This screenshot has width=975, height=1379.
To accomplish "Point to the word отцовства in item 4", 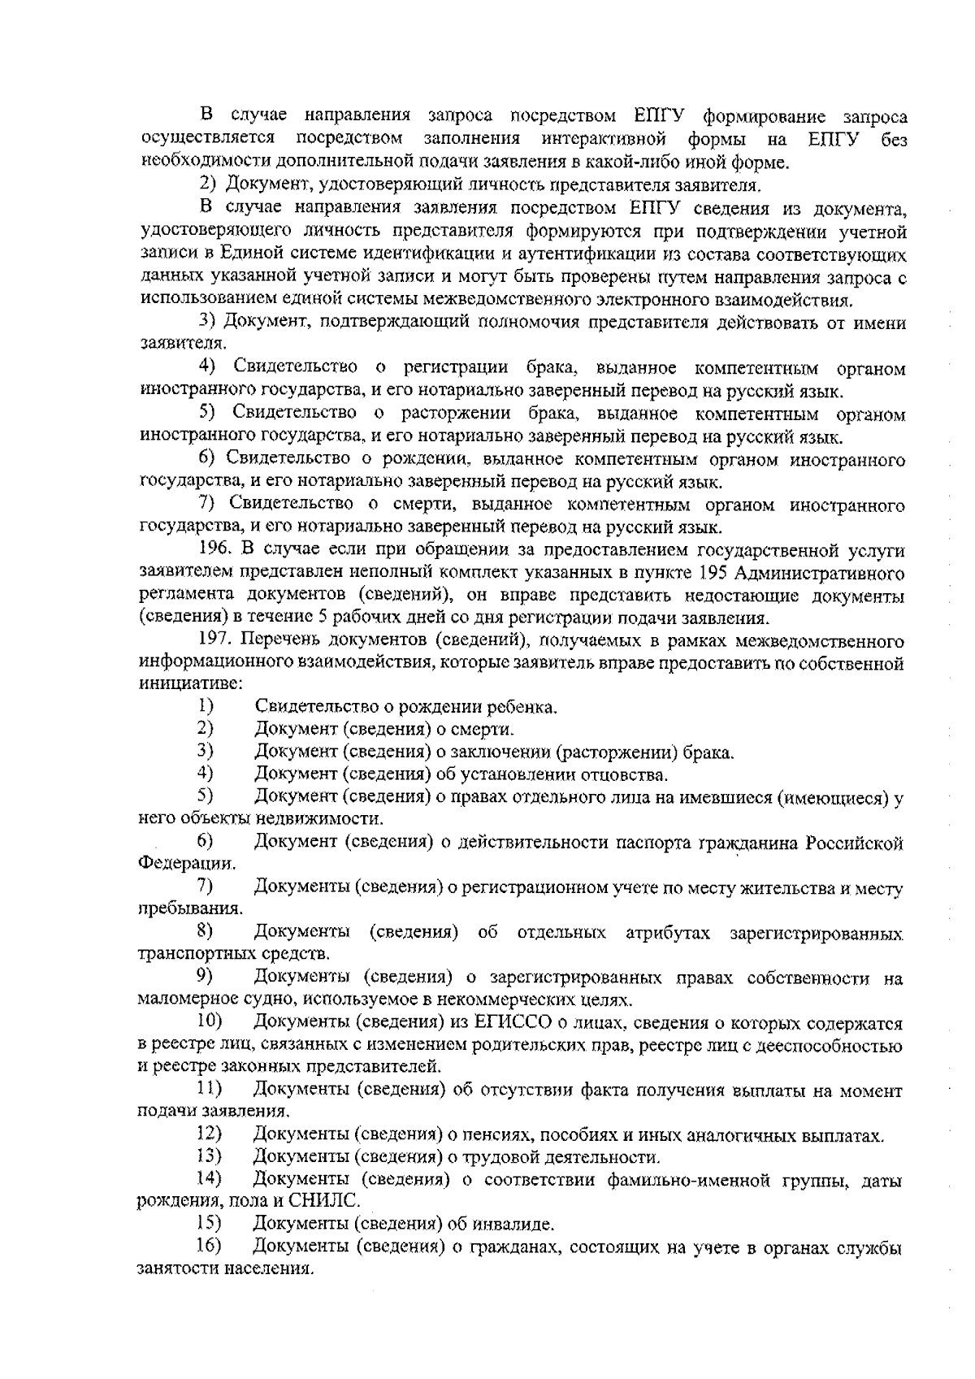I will click(x=628, y=774).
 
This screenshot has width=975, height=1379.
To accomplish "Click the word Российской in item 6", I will click(x=854, y=843).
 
